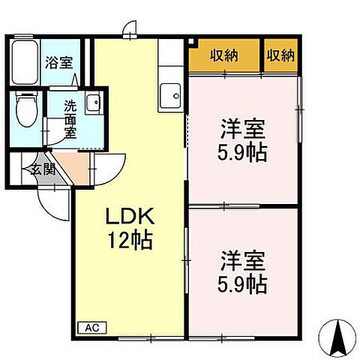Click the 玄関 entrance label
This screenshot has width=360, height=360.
point(43,169)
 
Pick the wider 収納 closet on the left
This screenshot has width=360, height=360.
point(224,55)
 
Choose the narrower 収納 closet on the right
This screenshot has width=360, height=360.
point(280,55)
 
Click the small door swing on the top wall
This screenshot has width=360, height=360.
point(130,30)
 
